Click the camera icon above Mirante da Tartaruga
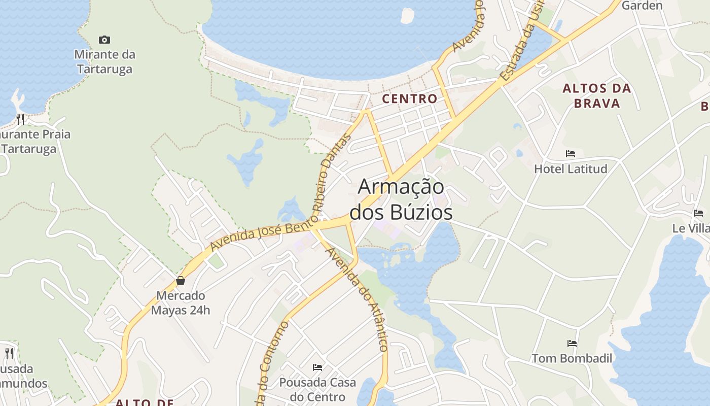pyautogui.click(x=104, y=40)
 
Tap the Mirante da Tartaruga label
pyautogui.click(x=104, y=61)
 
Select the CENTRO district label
pyautogui.click(x=410, y=98)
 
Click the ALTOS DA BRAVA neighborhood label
pyautogui.click(x=597, y=95)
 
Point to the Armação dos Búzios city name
pyautogui.click(x=401, y=199)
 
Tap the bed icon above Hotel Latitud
pyautogui.click(x=571, y=153)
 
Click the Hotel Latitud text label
pyautogui.click(x=571, y=168)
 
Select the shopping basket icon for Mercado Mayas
pyautogui.click(x=180, y=281)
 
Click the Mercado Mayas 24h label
pyautogui.click(x=181, y=302)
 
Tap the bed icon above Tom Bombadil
pyautogui.click(x=572, y=344)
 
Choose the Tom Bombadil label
pyautogui.click(x=572, y=358)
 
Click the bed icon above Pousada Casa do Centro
pyautogui.click(x=317, y=367)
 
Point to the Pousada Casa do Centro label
pyautogui.click(x=317, y=389)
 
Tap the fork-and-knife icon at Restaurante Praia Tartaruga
pyautogui.click(x=20, y=119)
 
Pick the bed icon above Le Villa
pyautogui.click(x=698, y=213)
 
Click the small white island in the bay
pyautogui.click(x=407, y=15)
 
